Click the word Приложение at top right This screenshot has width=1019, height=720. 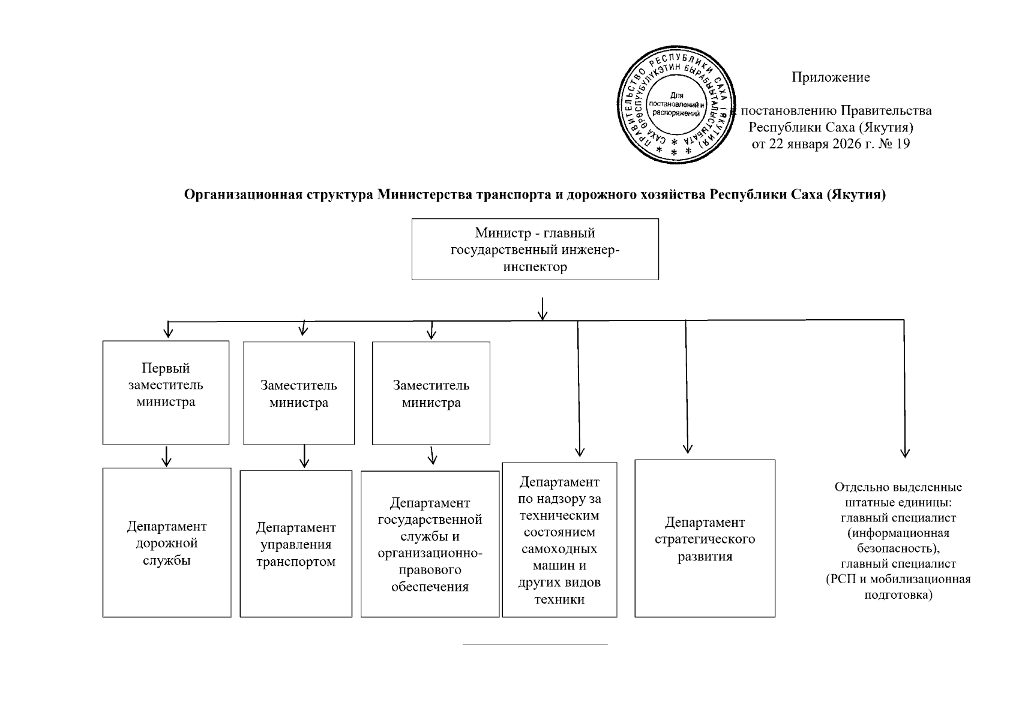[831, 77]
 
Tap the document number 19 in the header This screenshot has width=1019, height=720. [903, 144]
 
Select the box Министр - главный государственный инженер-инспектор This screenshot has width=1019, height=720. [535, 249]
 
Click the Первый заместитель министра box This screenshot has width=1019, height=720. [166, 392]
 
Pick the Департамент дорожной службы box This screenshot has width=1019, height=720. [167, 542]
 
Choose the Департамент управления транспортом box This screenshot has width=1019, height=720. [296, 544]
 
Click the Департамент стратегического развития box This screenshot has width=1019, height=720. [705, 538]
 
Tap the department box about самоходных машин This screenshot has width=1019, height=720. [559, 539]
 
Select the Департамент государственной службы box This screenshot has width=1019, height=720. [430, 544]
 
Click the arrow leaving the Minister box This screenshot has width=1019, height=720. [543, 308]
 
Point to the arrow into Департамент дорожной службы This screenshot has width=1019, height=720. [167, 457]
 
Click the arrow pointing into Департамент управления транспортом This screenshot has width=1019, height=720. [304, 457]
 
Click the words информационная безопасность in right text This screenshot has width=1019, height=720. [898, 541]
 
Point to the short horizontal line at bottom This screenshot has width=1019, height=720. [535, 644]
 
